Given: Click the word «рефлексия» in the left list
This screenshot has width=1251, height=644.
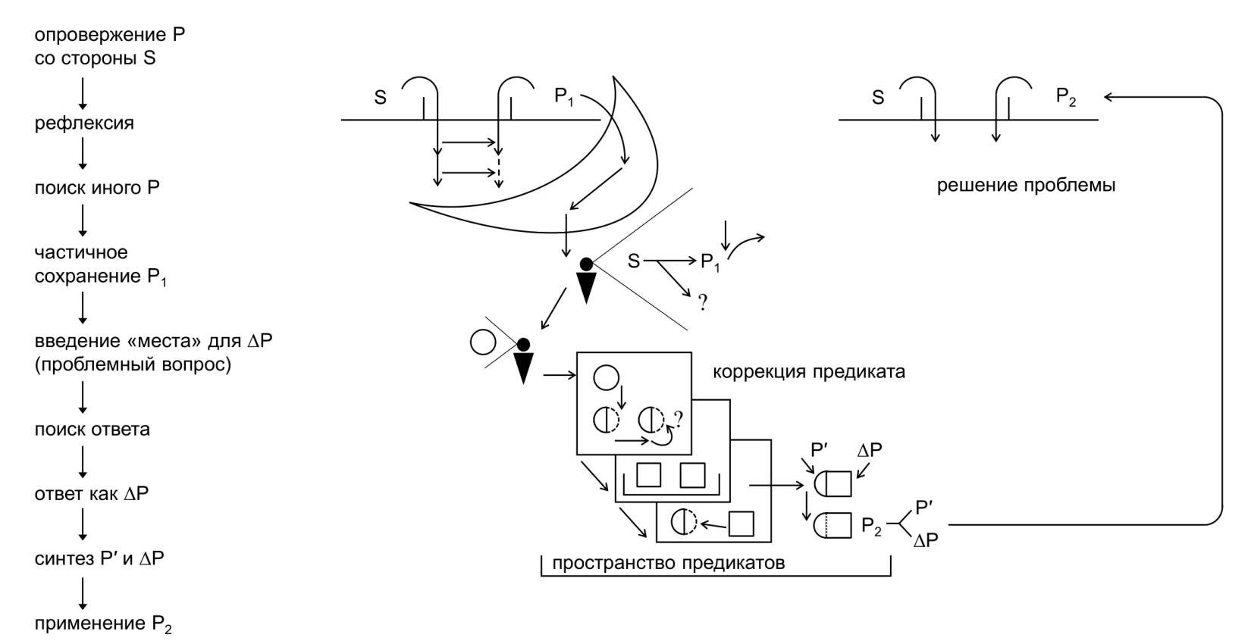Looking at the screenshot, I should (84, 123).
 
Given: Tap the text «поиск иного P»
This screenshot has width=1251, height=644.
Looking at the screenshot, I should (97, 188).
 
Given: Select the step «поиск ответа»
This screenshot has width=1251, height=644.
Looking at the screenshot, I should (92, 430).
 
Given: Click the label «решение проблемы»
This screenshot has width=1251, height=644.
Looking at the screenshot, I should (1026, 185).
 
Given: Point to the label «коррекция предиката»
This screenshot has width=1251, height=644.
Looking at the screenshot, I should (808, 372).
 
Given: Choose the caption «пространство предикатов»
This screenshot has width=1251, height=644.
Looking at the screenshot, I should (668, 563).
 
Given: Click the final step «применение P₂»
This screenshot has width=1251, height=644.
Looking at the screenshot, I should (103, 624).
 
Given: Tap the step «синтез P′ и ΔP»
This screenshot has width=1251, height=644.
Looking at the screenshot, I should (99, 559).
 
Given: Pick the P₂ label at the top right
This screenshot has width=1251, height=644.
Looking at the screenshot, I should (1066, 97).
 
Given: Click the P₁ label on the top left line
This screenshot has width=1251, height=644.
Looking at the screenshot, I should (564, 97).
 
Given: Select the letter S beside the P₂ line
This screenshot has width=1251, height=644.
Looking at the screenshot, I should (878, 98).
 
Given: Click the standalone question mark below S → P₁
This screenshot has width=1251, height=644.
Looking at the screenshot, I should (703, 304).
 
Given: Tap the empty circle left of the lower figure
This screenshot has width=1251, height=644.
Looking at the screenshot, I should (482, 342).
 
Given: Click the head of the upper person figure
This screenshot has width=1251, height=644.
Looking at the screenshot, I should (586, 264).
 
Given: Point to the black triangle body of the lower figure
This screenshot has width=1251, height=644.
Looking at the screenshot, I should (523, 367).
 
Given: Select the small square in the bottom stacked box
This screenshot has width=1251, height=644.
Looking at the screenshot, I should (741, 524).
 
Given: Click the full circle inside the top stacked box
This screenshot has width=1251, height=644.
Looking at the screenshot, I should (607, 377).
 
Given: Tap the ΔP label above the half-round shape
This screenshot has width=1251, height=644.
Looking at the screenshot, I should (870, 450).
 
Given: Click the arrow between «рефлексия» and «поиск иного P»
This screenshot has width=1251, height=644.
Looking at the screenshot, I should (83, 155).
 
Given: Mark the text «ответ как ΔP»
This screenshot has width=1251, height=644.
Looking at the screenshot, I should (91, 494).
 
